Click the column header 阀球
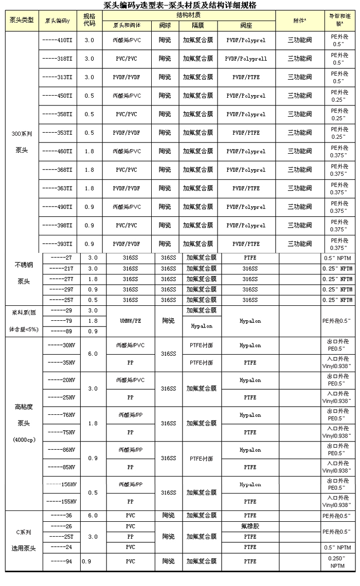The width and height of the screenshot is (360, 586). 165,25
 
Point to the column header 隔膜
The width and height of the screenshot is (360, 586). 197,25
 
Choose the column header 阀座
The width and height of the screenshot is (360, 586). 246,25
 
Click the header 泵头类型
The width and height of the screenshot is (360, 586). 22,20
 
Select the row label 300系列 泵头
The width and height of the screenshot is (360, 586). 22,142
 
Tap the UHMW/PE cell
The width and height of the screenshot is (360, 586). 130,321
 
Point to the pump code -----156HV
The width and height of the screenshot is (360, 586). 62,484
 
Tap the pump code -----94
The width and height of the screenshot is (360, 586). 62,561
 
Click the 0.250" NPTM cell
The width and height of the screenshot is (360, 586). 337,561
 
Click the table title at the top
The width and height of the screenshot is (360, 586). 180,5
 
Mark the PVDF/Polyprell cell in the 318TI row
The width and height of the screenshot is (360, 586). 246,59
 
